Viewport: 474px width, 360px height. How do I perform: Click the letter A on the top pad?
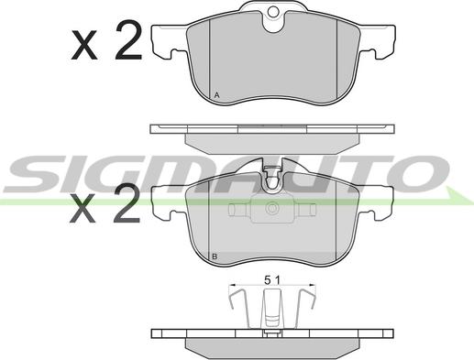pos(216,95)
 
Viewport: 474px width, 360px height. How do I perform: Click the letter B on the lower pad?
pos(215,256)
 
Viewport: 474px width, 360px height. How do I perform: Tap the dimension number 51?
pos(272,279)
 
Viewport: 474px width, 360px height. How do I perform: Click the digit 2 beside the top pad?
pos(128,40)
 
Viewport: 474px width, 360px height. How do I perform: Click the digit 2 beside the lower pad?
pos(127,202)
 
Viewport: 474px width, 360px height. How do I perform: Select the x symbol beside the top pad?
pos(84,45)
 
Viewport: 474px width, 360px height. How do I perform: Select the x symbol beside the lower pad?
pos(82,208)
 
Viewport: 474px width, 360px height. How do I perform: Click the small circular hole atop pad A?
pos(273,12)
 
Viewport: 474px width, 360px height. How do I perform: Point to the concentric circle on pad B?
pos(271,208)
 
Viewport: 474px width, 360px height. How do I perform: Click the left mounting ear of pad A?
pos(169,41)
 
